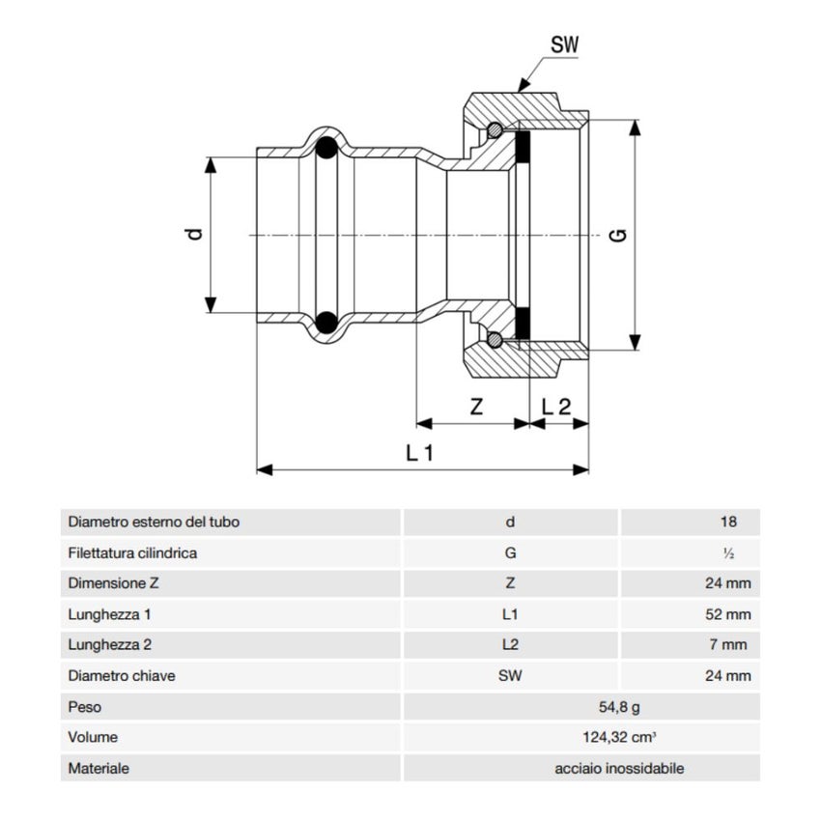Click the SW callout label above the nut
coord(567,44)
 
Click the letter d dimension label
coord(196,233)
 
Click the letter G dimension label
coord(619,234)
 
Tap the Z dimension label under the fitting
coord(476,407)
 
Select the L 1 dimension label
coord(418,453)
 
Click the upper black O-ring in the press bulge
coord(327,149)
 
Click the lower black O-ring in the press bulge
coord(327,322)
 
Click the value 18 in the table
coord(727,523)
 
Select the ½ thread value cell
coord(728,553)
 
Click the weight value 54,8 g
coord(619,707)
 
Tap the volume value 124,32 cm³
coord(619,738)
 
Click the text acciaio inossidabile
coord(619,769)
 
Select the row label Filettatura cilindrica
coord(133,553)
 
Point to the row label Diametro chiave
coord(122,676)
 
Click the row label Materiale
coord(99,769)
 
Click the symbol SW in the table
coord(510,676)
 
